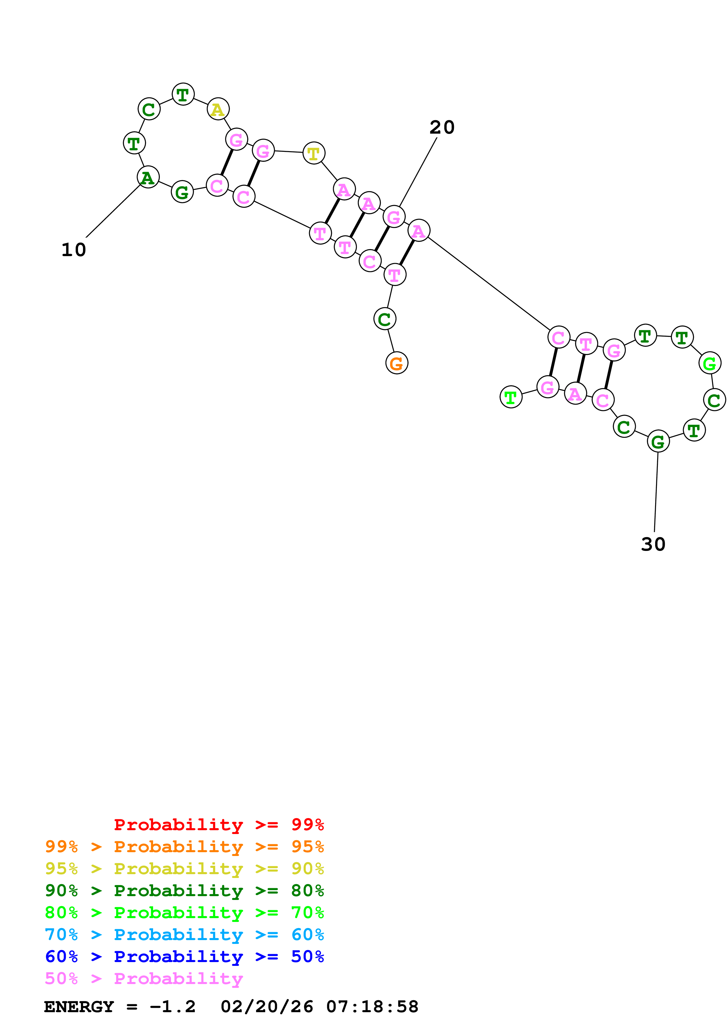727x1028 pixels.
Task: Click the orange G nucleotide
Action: point(396,363)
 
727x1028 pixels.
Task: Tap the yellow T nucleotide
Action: point(313,153)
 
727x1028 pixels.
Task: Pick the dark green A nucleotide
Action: point(148,177)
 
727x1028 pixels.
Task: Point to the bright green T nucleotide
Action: point(511,397)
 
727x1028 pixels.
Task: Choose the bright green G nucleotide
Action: point(709,363)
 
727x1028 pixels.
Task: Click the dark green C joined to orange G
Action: point(384,319)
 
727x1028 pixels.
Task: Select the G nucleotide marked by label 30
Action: point(657,441)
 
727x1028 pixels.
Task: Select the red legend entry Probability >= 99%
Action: point(218,825)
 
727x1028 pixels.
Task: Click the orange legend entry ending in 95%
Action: point(184,847)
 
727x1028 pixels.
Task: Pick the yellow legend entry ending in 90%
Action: point(184,869)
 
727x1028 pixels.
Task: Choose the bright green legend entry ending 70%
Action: point(184,913)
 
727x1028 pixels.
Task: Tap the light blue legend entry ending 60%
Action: point(184,935)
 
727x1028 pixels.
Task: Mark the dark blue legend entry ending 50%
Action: point(184,956)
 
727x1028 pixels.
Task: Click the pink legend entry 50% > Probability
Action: point(144,978)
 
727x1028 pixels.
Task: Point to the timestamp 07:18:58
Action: point(372,1007)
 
